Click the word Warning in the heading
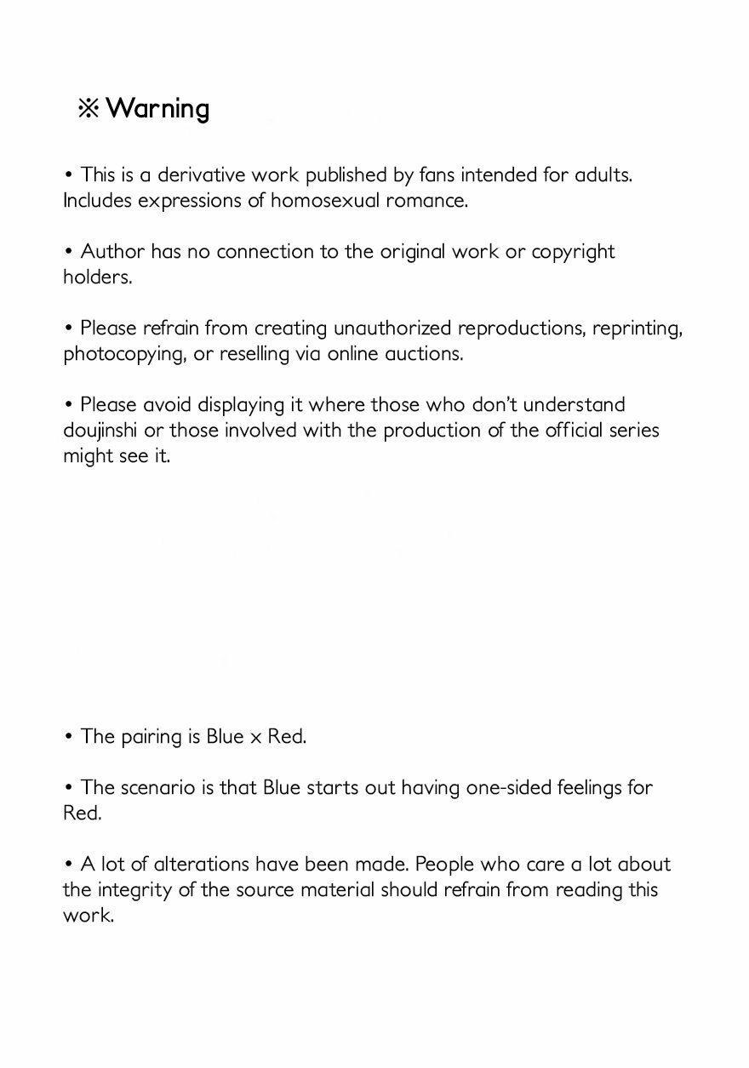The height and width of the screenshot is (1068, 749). coord(157,109)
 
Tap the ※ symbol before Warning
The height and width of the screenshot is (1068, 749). coord(89,109)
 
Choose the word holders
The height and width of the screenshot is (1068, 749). coord(97,277)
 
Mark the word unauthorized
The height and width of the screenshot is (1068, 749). coord(392,328)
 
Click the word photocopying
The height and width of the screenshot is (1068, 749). coord(119,355)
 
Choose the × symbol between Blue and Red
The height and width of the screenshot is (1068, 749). coord(256,738)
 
